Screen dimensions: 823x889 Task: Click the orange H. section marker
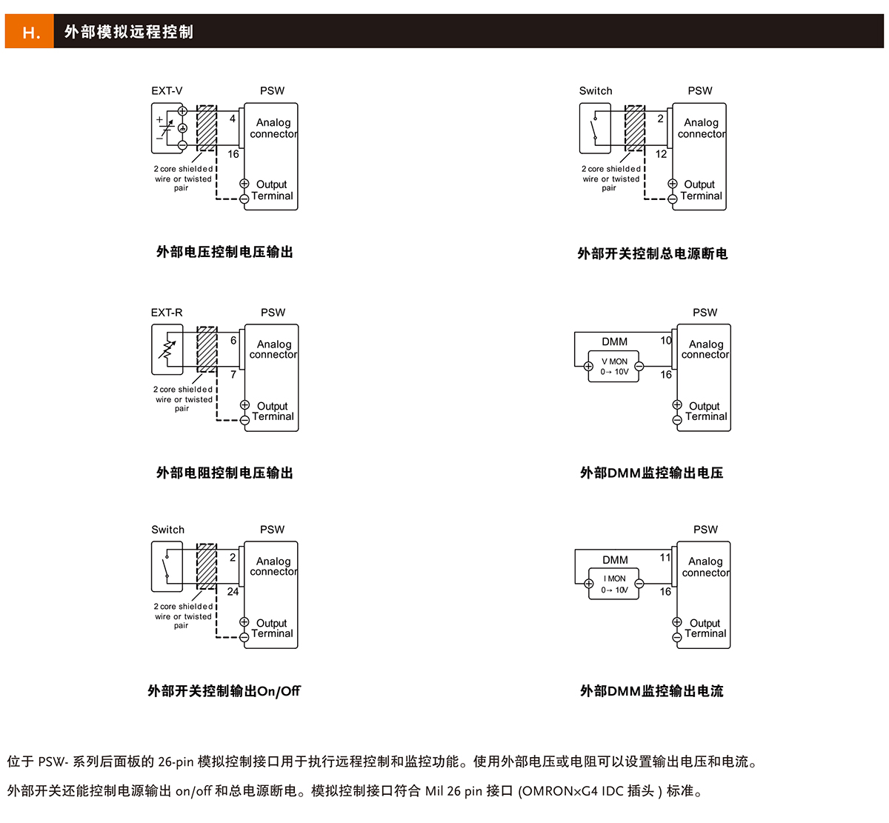coord(30,32)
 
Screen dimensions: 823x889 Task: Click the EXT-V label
coord(167,91)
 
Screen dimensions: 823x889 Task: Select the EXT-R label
coord(167,313)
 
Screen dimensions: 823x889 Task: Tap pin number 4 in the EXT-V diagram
coord(233,119)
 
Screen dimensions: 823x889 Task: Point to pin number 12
coord(661,154)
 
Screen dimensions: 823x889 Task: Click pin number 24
coord(233,591)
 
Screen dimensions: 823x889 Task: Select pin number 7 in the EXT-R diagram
coord(233,375)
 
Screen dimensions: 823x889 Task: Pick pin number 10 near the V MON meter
coord(666,341)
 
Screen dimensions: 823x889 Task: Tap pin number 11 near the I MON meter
coord(665,557)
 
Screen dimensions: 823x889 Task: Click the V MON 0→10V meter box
coord(613,367)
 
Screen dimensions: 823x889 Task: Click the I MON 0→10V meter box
coord(613,584)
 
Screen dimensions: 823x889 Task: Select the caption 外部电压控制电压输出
coord(224,252)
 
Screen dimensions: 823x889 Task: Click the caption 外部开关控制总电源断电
coord(652,253)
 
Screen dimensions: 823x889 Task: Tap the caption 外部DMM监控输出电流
coord(651,691)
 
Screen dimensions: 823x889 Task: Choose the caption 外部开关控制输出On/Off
coord(224,691)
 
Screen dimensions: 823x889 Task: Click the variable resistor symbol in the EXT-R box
coord(168,350)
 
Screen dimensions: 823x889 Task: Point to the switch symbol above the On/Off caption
coord(167,566)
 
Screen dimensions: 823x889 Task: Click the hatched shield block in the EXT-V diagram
coord(207,127)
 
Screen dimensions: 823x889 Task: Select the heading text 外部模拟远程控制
coord(129,32)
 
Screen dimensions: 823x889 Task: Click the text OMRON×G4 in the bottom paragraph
coord(560,791)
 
